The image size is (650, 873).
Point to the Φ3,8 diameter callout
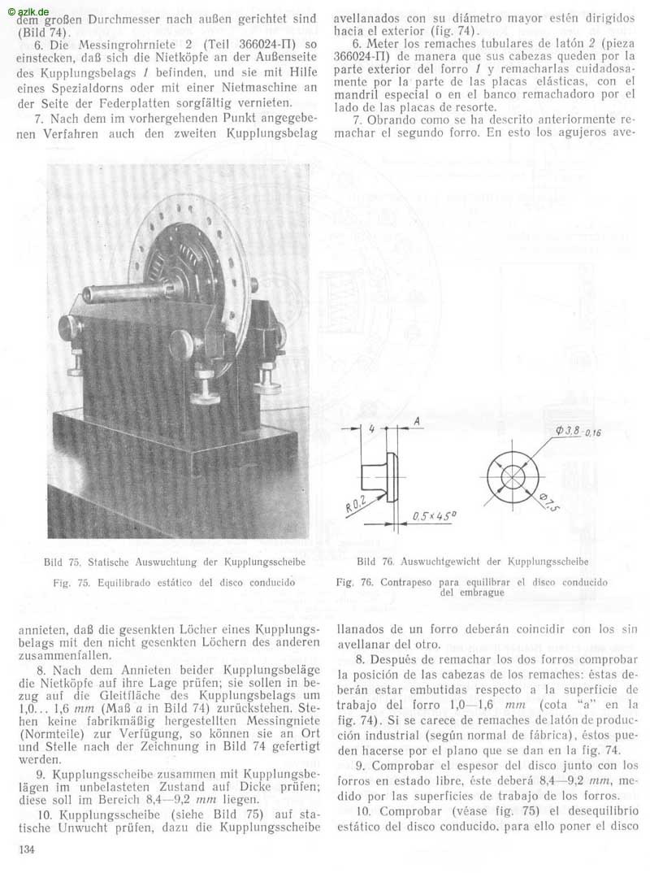coord(574,429)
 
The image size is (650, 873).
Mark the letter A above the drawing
coord(415,422)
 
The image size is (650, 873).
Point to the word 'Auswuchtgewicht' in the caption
coord(441,562)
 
